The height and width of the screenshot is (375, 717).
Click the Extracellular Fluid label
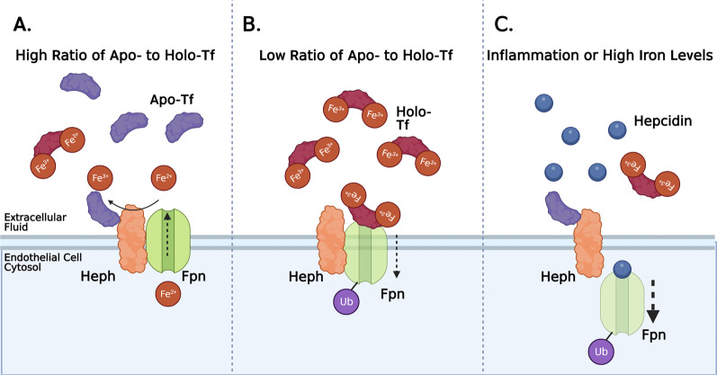36,223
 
